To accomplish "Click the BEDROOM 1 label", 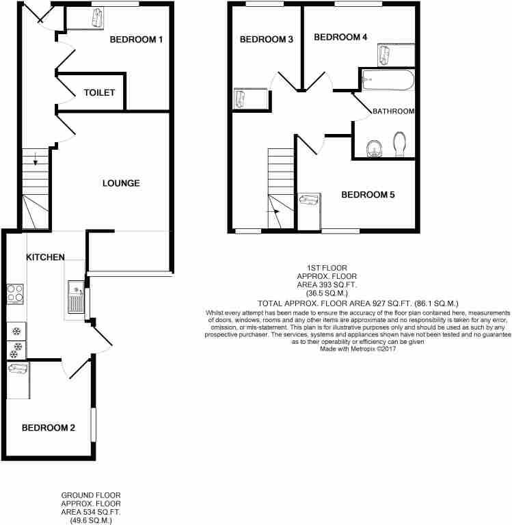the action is coord(136,40).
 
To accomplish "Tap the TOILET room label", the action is coord(99,92).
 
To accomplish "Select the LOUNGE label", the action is coord(121,183).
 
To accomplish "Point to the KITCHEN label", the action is coord(46,257).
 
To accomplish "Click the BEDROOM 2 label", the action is coord(49,427).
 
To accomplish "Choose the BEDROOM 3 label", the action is coord(267,39).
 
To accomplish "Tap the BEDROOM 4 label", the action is coord(340,37).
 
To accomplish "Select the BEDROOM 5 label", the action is coord(368,195).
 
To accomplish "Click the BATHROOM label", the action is coord(394,111).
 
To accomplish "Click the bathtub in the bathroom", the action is coord(388,80).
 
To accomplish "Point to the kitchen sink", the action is coord(77,297).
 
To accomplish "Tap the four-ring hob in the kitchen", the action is coord(16,294).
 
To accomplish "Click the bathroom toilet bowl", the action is coord(399,144).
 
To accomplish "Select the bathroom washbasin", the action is coord(374,148).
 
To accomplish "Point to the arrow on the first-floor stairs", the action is coord(273,212).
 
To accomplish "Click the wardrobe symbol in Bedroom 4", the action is coord(383,55).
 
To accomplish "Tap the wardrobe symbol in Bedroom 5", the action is coord(310,200).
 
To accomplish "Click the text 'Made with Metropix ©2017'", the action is coord(358,349).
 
